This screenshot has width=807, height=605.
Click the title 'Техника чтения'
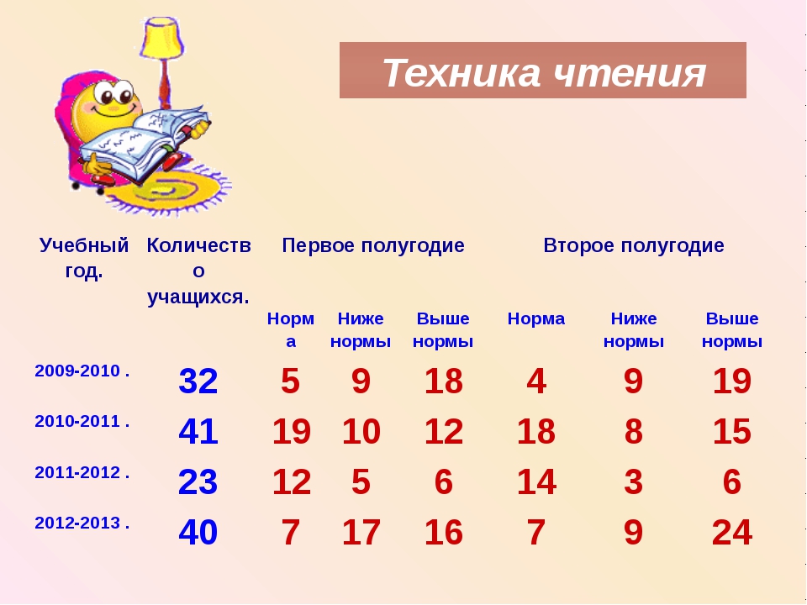tap(544, 72)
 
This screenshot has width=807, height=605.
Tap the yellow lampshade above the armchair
tap(162, 38)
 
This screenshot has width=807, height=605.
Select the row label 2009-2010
tap(82, 371)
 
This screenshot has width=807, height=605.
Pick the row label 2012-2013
tap(82, 523)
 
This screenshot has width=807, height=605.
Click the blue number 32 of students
tap(198, 381)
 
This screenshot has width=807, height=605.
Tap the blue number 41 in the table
tap(198, 431)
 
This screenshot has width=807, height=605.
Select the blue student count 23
tap(198, 481)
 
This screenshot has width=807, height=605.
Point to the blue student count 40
tap(198, 532)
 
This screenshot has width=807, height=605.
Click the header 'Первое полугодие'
tap(373, 245)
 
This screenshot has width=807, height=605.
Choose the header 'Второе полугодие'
tap(634, 245)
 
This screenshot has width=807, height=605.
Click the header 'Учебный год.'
tap(84, 258)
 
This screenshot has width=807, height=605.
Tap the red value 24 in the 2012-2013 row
tap(732, 532)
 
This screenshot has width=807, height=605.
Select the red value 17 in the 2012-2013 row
tap(361, 532)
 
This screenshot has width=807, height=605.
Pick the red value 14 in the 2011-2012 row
tap(536, 481)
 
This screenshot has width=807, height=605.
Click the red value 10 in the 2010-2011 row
tap(361, 431)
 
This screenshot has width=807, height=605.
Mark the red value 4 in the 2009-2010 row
tap(536, 381)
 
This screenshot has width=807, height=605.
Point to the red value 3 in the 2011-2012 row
tap(634, 481)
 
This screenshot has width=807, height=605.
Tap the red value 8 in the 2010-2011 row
tap(634, 431)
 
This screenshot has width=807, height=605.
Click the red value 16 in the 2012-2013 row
tap(443, 532)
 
